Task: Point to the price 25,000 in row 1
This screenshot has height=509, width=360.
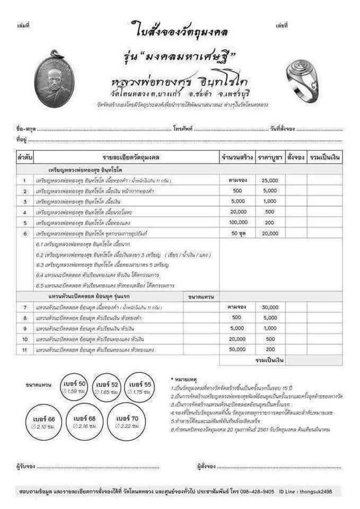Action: point(270,180)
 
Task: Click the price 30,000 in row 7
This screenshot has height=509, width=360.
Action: point(270,307)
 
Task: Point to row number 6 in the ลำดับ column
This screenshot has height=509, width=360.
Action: point(25,233)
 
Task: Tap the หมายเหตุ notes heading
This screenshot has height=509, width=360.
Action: point(185,380)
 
